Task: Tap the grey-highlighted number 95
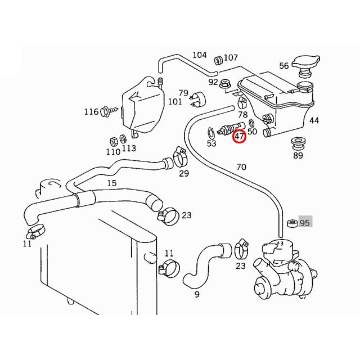(305, 223)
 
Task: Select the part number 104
(200, 55)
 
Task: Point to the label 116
(91, 112)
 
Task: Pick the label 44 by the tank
(314, 120)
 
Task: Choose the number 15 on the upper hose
(111, 183)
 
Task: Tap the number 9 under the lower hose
(197, 293)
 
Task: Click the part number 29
(184, 173)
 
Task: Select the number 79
(183, 93)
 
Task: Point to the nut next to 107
(218, 57)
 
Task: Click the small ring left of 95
(292, 223)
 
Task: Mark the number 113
(129, 148)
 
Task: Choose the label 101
(175, 102)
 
